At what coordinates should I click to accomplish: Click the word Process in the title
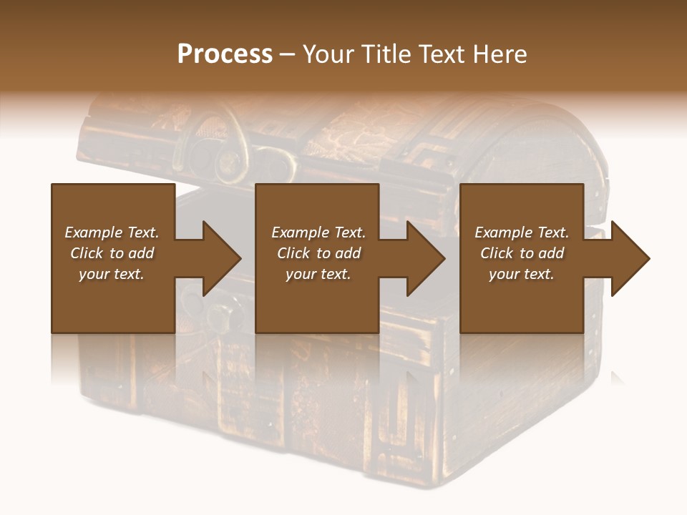[x=225, y=54]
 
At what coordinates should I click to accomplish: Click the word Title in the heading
[x=384, y=54]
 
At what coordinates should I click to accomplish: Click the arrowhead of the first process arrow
[x=222, y=258]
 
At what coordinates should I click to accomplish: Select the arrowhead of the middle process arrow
[x=426, y=258]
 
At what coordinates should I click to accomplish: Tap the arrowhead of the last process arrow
[x=630, y=258]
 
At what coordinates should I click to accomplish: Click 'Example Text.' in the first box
[x=112, y=232]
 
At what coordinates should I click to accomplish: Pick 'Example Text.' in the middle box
[x=318, y=232]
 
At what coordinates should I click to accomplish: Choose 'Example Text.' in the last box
[x=522, y=232]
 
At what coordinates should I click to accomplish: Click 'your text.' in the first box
[x=112, y=274]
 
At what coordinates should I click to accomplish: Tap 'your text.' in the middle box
[x=318, y=274]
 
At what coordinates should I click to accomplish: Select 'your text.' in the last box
[x=522, y=274]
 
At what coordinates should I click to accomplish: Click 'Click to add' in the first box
[x=112, y=253]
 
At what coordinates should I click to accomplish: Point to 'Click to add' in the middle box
[x=318, y=253]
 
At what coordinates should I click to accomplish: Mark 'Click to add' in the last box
[x=522, y=253]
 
